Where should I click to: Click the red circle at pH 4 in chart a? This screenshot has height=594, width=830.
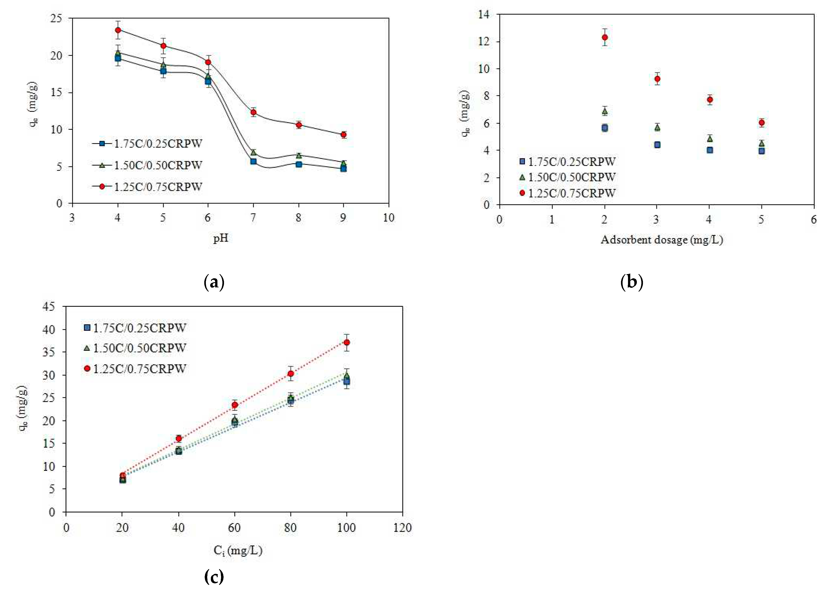pos(118,30)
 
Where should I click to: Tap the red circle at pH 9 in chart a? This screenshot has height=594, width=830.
pos(343,134)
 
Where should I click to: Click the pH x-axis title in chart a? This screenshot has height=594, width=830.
pos(221,238)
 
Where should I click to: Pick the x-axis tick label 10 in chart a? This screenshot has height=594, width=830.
pos(388,218)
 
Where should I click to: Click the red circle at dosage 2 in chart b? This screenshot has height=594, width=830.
pos(605,37)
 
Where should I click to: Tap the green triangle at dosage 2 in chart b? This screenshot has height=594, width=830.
pos(605,111)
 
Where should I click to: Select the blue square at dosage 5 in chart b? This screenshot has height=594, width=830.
pos(762,151)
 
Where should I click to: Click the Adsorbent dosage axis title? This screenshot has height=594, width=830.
pos(662,240)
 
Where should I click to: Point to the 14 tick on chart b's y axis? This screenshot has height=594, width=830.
pos(483,15)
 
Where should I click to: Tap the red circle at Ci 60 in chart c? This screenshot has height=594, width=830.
pos(235,405)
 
